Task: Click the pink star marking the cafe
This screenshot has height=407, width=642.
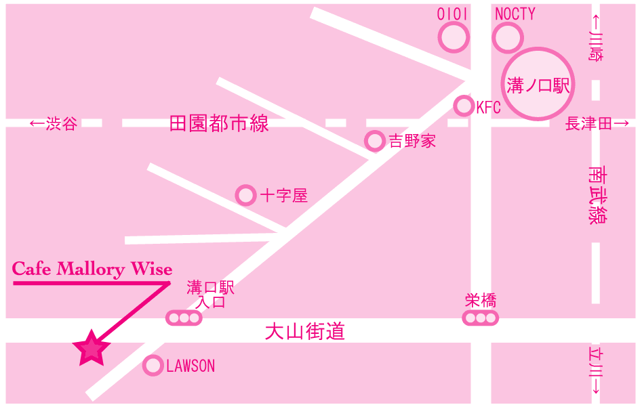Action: point(92,349)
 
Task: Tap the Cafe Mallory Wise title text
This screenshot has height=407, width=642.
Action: point(92,269)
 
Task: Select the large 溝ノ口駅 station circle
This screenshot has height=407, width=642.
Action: point(538,84)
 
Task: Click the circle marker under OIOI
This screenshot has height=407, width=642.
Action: point(454,38)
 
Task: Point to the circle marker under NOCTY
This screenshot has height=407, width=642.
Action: point(508,38)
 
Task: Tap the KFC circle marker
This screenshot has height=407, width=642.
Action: point(464,106)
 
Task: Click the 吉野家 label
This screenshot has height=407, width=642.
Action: point(412,142)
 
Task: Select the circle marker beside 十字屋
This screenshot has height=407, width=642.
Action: point(245,195)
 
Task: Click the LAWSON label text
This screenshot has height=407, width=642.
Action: point(190,366)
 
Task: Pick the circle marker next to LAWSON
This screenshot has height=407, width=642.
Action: point(153,365)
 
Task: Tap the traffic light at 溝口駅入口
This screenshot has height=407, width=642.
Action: point(184,318)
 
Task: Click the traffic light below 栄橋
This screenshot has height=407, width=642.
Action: point(481,318)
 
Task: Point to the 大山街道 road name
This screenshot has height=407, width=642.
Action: point(305,331)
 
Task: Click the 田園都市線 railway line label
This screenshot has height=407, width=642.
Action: point(219,123)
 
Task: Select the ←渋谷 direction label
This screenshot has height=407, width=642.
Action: point(54,123)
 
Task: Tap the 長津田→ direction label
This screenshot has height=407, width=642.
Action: point(597,123)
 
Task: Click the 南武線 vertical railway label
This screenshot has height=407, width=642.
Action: point(597,195)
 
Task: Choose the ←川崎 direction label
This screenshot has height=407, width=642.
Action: point(596,38)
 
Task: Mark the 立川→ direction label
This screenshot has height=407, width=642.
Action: point(596,370)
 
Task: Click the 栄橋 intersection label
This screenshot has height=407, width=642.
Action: point(481,301)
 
